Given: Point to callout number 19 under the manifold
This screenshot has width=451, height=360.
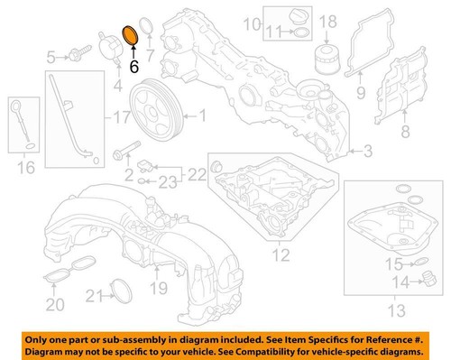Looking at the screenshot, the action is coord(161,289).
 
